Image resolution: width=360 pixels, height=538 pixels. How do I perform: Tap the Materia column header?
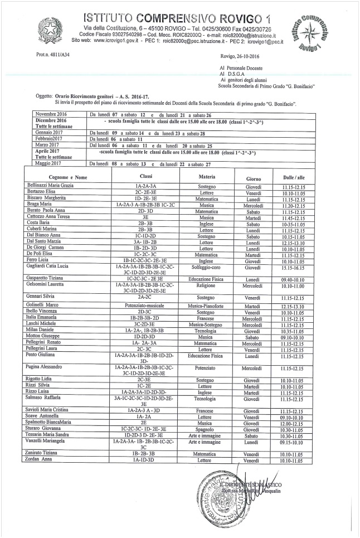point(196,161)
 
